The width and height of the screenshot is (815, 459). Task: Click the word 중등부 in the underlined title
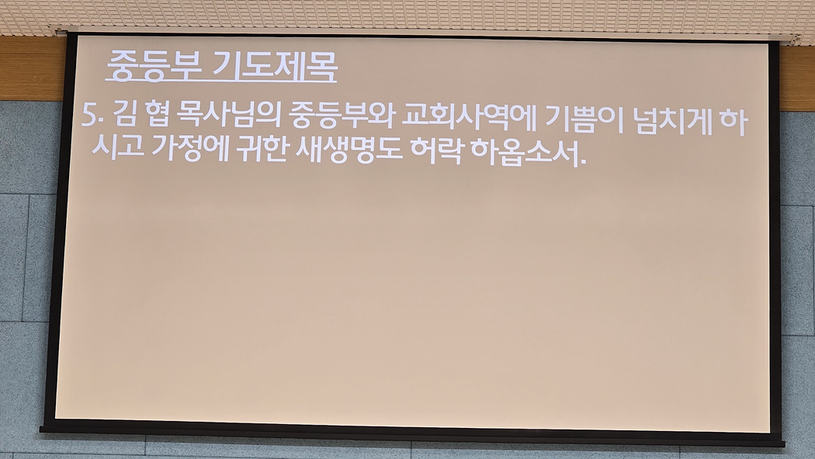tap(154, 67)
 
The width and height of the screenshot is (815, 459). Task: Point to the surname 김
tap(123, 115)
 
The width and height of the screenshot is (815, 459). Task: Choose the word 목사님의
tap(229, 116)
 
